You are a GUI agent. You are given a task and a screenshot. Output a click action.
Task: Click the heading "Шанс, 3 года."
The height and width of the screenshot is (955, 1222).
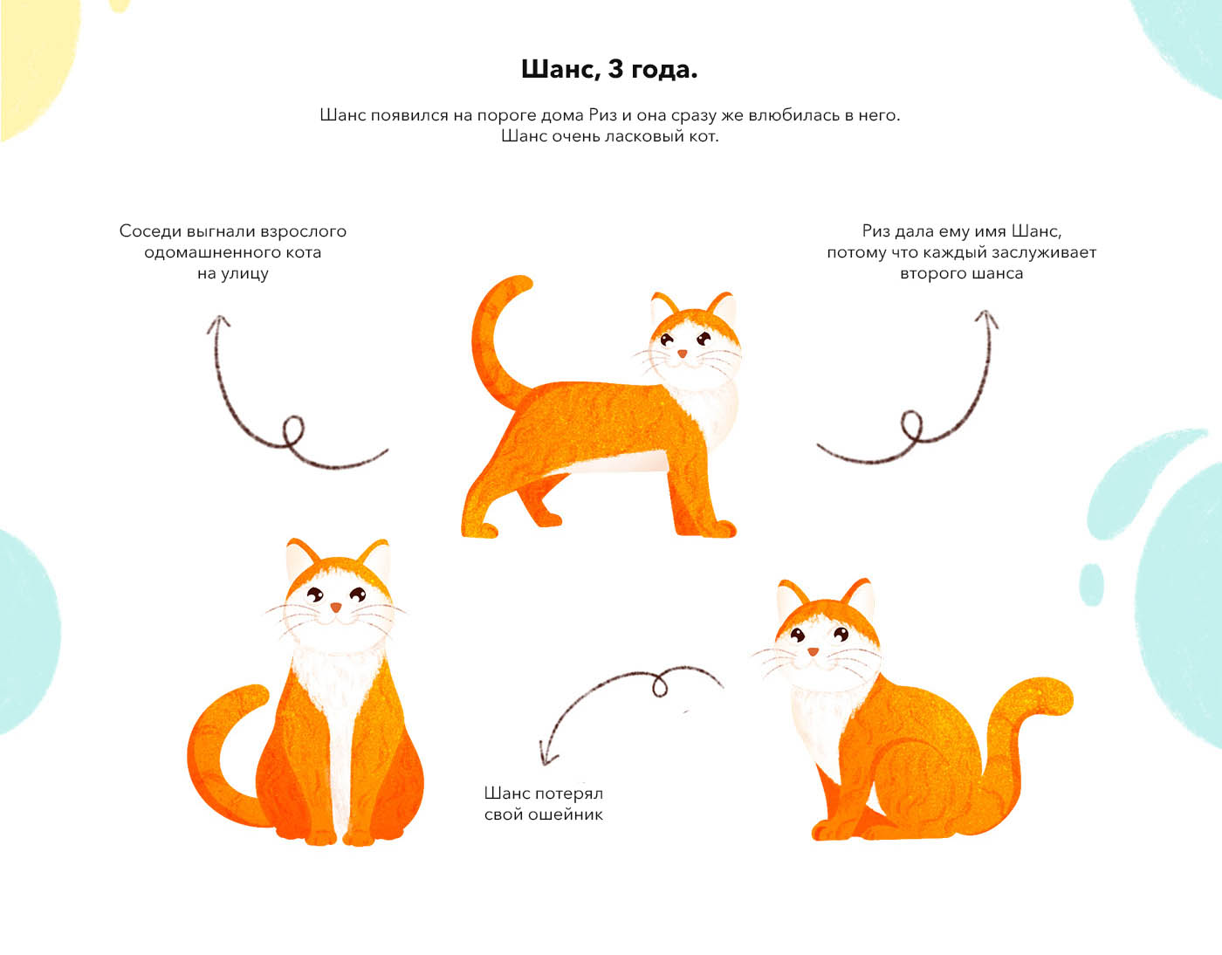click(609, 69)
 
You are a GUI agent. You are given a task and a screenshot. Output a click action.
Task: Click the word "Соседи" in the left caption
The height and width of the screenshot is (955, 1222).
click(150, 231)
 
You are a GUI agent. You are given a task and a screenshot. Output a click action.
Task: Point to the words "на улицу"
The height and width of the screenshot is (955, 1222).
click(233, 274)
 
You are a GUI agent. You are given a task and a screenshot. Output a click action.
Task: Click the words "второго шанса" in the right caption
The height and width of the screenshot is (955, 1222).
click(961, 274)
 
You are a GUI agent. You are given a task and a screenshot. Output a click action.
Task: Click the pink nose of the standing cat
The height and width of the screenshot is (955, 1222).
click(683, 354)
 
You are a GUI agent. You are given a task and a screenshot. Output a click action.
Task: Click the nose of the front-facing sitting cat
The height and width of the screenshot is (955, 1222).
click(336, 608)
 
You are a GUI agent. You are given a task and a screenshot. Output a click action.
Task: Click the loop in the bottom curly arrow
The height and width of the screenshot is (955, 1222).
click(660, 685)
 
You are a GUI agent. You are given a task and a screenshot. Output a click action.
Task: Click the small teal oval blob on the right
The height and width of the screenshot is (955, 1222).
click(1092, 585)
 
